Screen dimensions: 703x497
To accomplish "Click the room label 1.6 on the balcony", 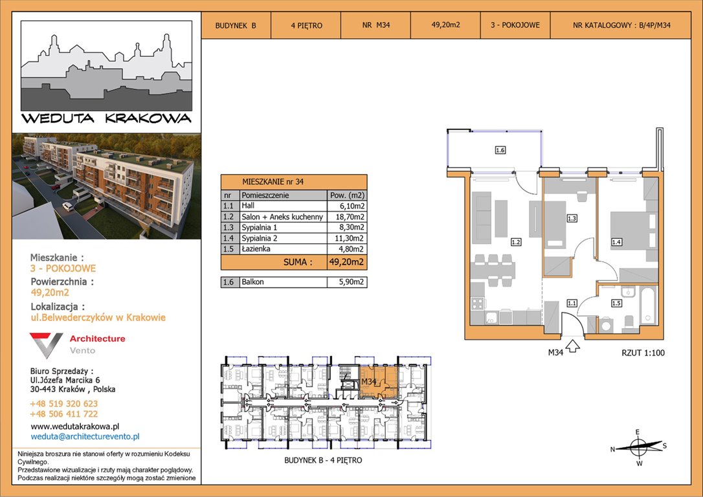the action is (500, 150).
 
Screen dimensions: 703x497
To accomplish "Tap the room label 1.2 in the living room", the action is (516, 242).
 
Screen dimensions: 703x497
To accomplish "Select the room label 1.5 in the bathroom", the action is (616, 304).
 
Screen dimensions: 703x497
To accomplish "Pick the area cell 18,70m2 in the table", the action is (347, 217).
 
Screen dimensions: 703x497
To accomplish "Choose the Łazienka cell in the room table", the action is (284, 249).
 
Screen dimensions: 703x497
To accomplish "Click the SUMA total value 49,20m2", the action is (347, 262).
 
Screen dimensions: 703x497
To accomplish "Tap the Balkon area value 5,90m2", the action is (347, 282).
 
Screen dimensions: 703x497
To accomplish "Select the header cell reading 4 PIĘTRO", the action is (306, 25).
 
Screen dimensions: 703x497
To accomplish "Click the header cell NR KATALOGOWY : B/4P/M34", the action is (621, 25).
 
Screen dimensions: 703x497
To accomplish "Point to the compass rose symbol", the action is (638, 447).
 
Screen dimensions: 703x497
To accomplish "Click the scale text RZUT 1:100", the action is (643, 353).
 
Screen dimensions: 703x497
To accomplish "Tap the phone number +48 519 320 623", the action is (63, 404).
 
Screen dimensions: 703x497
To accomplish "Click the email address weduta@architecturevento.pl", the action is (85, 437).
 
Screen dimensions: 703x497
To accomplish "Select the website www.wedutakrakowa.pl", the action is (75, 426).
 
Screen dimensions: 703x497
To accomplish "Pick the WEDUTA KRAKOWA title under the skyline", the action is (106, 119).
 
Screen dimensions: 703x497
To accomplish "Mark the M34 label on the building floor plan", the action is (368, 381).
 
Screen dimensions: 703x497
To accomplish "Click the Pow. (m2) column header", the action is (347, 195).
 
